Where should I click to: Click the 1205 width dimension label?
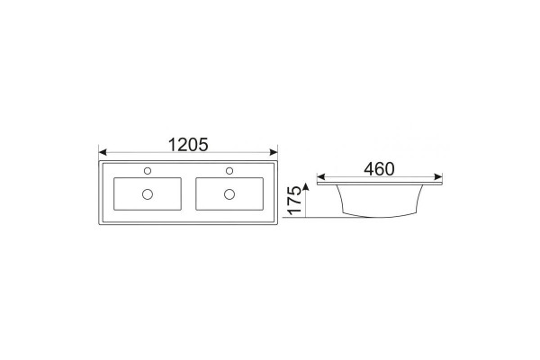(188, 145)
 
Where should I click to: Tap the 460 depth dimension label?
(379, 169)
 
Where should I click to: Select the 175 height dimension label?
(294, 201)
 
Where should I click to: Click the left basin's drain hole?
(148, 194)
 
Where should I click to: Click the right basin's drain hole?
(229, 194)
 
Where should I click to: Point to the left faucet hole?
(148, 171)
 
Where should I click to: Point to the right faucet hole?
(229, 171)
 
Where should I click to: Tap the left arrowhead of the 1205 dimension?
(103, 152)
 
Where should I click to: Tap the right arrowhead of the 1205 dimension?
(274, 152)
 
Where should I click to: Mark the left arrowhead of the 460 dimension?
(320, 177)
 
